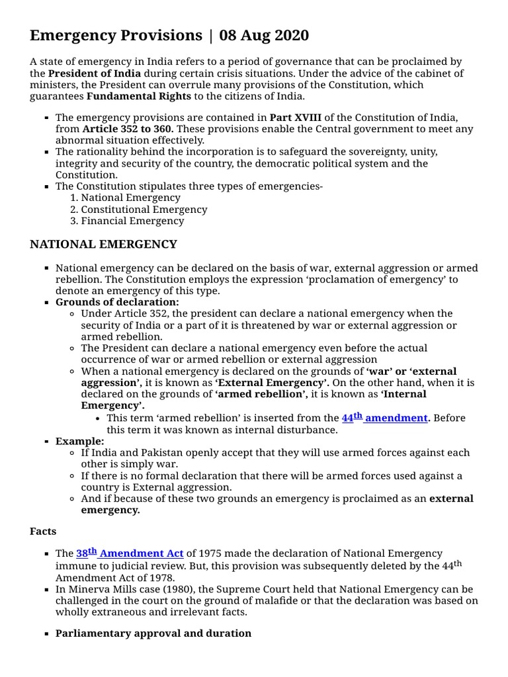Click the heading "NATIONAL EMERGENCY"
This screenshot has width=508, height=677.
pyautogui.click(x=103, y=244)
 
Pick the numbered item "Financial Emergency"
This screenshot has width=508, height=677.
pyautogui.click(x=132, y=221)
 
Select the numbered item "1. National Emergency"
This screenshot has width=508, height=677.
pyautogui.click(x=125, y=197)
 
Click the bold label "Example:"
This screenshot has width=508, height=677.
pyautogui.click(x=79, y=441)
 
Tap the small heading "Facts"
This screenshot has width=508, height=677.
pyautogui.click(x=43, y=531)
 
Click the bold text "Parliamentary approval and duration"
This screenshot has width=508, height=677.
pyautogui.click(x=153, y=633)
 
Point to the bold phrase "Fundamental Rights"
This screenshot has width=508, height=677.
pyautogui.click(x=139, y=97)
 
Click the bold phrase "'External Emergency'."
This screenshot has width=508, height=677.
pyautogui.click(x=272, y=383)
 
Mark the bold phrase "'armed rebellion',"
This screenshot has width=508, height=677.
pyautogui.click(x=261, y=394)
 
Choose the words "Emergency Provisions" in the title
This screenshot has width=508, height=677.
pyautogui.click(x=116, y=35)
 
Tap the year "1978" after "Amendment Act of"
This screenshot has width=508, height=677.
pyautogui.click(x=165, y=577)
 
